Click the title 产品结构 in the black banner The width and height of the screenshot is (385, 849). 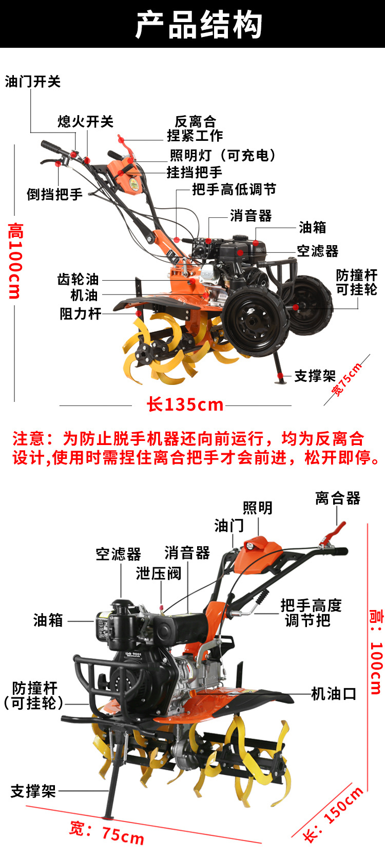[x=198, y=25]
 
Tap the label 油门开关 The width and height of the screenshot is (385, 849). [x=33, y=82]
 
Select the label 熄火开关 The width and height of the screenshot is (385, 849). [x=86, y=122]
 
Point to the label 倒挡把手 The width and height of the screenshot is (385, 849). [x=54, y=194]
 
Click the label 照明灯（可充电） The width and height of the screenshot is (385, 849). [x=223, y=155]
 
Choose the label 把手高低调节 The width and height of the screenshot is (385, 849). [x=234, y=189]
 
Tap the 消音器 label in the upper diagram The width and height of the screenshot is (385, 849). [x=251, y=216]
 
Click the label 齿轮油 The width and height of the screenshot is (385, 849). [x=78, y=280]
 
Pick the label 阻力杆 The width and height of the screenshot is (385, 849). [x=80, y=313]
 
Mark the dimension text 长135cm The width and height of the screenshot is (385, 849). [x=185, y=404]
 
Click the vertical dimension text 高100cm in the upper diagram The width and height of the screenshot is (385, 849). [x=15, y=261]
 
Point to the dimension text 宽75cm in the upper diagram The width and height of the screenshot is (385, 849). [x=346, y=379]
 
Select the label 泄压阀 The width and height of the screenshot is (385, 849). [x=158, y=574]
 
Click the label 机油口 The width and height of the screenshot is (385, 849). [x=334, y=694]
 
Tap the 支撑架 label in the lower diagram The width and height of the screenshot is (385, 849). [x=33, y=791]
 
